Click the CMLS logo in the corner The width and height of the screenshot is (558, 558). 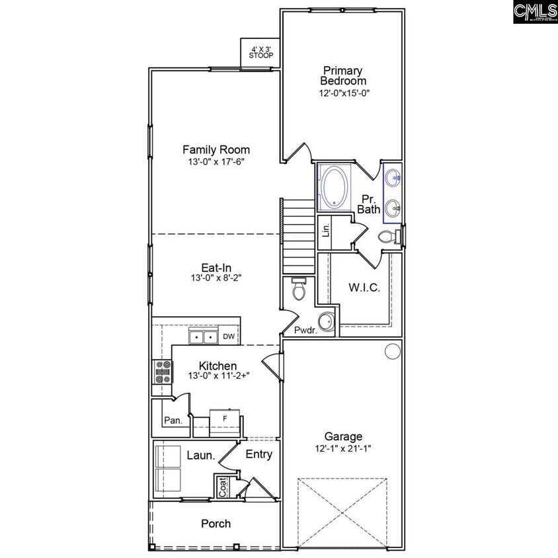point(534,12)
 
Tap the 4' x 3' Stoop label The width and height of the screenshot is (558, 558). point(260,52)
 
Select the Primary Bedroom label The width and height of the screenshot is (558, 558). point(343,75)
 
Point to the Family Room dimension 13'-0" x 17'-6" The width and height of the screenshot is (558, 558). point(216,161)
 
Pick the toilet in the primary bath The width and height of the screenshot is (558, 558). point(387,237)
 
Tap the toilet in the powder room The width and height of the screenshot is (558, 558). point(299,289)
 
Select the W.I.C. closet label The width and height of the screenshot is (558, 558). point(364,288)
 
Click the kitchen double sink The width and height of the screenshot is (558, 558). point(203,338)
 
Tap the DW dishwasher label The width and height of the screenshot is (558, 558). point(229,337)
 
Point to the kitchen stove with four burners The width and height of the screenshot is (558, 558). point(163,372)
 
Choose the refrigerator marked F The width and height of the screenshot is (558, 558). point(225,419)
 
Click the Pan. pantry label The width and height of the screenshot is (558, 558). point(173,420)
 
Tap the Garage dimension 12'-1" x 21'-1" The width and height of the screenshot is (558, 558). point(343,448)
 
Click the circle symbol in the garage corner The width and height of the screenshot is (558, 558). point(393,350)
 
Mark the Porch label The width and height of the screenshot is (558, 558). point(216,524)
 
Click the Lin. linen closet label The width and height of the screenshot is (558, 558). point(325,230)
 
